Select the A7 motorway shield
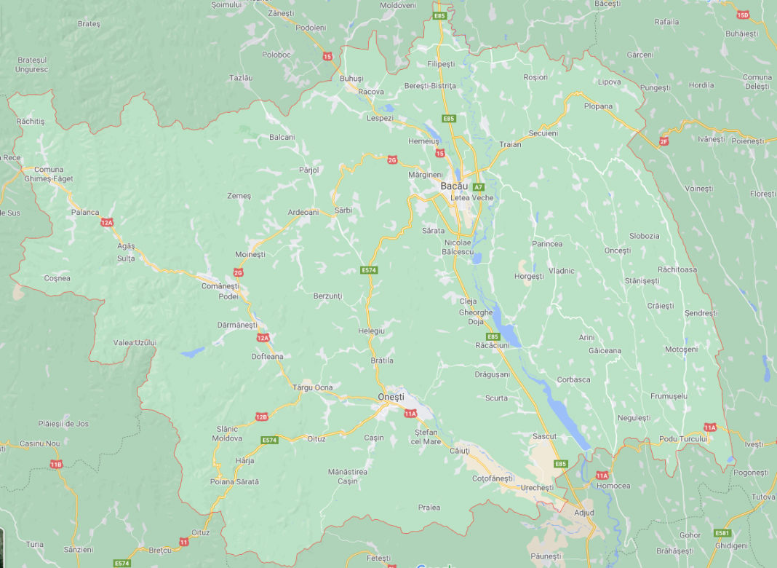pos(478,187)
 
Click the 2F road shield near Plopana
pos(663,141)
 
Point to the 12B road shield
pos(262,417)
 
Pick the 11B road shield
pos(56,464)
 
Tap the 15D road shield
pos(742,15)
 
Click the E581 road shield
pos(722,533)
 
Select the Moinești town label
pos(250,254)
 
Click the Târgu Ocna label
pos(311,387)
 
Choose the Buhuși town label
pos(351,78)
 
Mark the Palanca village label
pos(85,212)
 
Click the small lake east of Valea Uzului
pos(194,352)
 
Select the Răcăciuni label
pos(492,345)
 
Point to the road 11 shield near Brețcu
pos(183,543)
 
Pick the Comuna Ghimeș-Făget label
pos(49,173)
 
